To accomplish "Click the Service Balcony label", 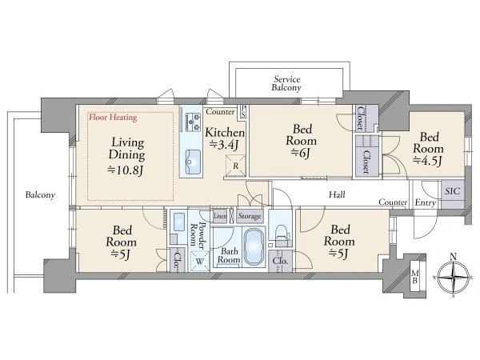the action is point(286,83).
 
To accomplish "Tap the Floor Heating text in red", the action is point(113,118).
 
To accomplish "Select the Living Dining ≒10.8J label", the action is point(126,157).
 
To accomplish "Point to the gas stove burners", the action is point(192,122).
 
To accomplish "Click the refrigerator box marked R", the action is point(235,166).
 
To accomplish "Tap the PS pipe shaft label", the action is point(243,111).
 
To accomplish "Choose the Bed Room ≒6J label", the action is point(302,141).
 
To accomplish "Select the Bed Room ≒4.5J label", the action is point(428,149).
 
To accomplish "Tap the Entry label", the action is point(426,202).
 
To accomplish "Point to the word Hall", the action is point(337,194).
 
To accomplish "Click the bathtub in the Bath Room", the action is point(254,246).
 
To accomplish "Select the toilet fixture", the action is point(282,234).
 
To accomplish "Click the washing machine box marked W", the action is point(199,261).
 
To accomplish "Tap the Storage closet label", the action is point(250,216).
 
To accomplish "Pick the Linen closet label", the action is point(220,216).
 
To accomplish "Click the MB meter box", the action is point(414,277).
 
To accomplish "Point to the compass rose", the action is point(454,276).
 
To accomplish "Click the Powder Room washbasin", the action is point(178,222).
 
